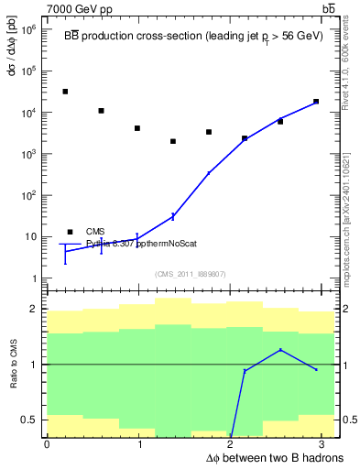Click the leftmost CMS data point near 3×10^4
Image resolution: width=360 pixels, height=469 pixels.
[x=65, y=92]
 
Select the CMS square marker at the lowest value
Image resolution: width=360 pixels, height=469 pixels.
[x=173, y=141]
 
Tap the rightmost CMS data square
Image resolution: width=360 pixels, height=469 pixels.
[x=316, y=102]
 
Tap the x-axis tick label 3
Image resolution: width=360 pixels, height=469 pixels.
[x=325, y=444]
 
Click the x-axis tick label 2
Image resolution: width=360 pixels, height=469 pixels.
[x=232, y=444]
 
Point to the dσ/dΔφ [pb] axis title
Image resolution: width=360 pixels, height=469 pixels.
[x=12, y=54]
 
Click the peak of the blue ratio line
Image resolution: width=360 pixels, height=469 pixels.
[x=280, y=350]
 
